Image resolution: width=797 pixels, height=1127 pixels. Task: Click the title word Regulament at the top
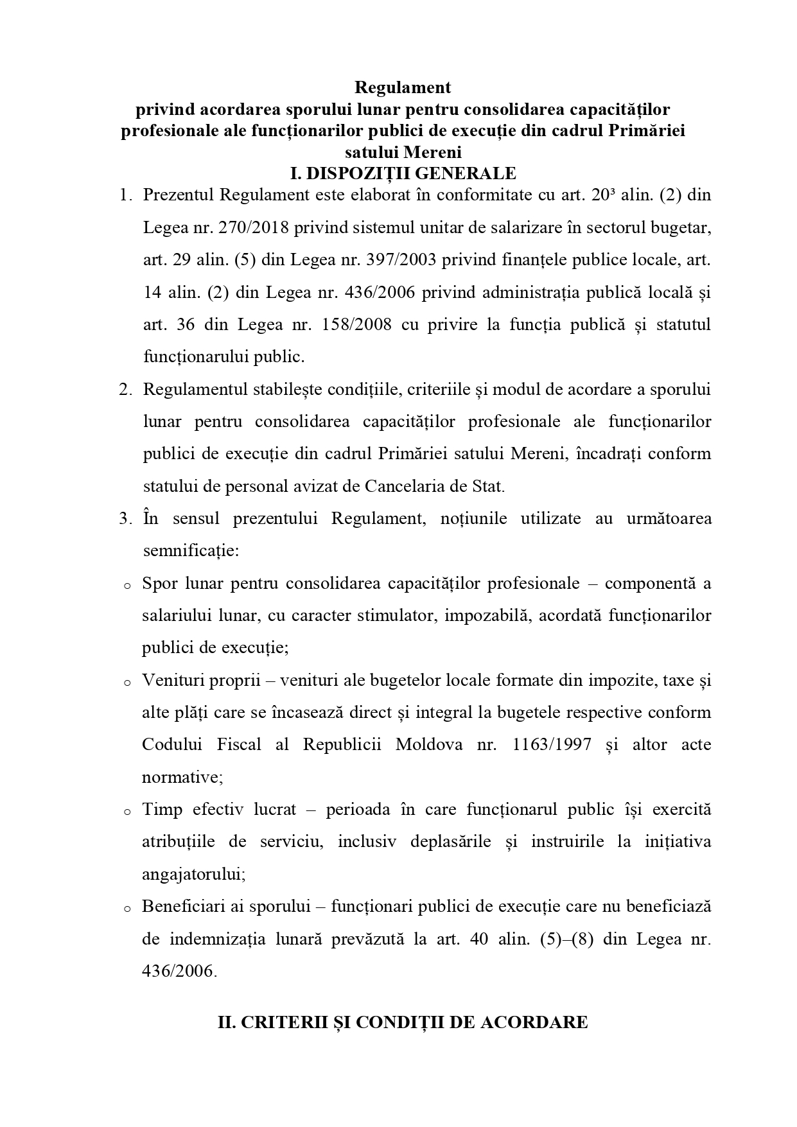tap(403, 87)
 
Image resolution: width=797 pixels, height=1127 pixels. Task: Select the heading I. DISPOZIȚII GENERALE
tap(403, 173)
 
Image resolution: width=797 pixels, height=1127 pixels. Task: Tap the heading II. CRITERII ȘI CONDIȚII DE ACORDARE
tap(403, 1022)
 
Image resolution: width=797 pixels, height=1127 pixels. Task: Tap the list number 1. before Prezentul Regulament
tap(125, 195)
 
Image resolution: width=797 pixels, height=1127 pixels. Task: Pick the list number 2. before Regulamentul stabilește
tap(125, 390)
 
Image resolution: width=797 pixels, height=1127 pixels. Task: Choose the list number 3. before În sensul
tap(125, 519)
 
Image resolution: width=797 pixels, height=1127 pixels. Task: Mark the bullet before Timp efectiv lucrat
tap(127, 812)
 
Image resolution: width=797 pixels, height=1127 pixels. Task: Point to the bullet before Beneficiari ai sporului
tap(127, 909)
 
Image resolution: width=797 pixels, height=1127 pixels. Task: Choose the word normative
tap(180, 777)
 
